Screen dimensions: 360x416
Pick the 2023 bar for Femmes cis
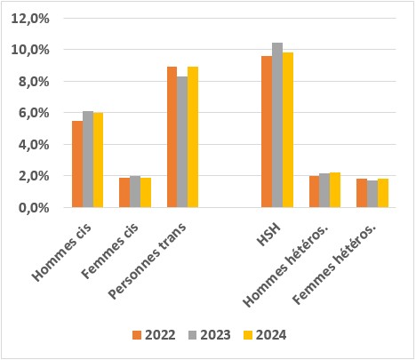click(x=135, y=192)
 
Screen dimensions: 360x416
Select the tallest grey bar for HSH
click(x=277, y=125)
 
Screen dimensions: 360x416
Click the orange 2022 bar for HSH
click(x=267, y=132)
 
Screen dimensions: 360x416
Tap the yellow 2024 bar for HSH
click(x=288, y=130)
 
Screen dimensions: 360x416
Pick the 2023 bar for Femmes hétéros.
click(x=372, y=194)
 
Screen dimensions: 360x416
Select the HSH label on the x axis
click(x=268, y=227)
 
